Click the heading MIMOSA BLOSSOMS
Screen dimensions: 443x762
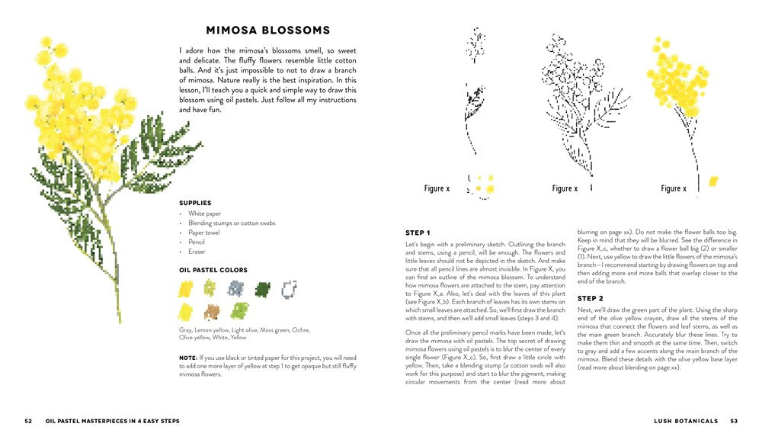(267, 30)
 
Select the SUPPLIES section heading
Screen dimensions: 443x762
(195, 203)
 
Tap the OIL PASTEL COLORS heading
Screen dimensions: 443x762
(213, 270)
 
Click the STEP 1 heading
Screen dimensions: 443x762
(418, 233)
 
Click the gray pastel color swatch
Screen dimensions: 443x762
(235, 288)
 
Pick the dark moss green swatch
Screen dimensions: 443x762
(262, 288)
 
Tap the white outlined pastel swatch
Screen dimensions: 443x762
(288, 288)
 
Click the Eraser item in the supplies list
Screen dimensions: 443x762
(197, 252)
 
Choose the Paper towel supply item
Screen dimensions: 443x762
(204, 233)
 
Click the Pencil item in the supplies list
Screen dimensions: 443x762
(197, 242)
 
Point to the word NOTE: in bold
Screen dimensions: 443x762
(188, 358)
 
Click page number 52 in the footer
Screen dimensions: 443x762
(28, 420)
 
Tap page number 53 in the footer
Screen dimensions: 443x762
(734, 420)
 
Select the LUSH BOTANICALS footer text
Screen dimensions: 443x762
(685, 420)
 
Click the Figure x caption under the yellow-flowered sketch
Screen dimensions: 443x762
(673, 188)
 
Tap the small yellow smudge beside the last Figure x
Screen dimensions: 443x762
(713, 181)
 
